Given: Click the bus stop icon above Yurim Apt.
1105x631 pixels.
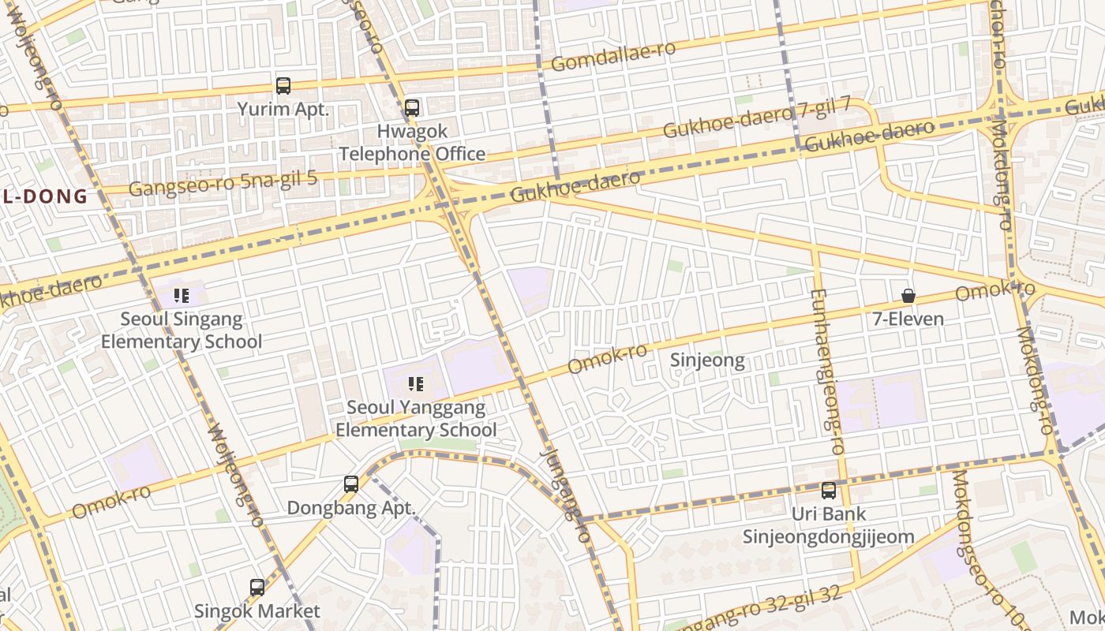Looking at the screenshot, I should pos(283,85).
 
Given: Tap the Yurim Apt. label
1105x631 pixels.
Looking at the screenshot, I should pos(283,109).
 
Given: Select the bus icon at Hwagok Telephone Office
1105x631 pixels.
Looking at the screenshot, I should pos(411,107).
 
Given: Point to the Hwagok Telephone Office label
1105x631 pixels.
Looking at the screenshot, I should pos(412,143).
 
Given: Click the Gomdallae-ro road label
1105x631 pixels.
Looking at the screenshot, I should pos(613,56).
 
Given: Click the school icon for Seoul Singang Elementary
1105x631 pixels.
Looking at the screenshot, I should pos(182,296).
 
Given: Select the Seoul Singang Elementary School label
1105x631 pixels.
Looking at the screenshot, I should pos(182,330).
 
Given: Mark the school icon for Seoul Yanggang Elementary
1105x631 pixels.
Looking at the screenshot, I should pos(416,384).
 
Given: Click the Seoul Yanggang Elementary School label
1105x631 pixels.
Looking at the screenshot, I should pos(416,419).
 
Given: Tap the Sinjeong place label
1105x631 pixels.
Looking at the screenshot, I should pos(707,360).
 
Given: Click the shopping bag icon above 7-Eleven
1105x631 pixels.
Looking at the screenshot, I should pos(908,296).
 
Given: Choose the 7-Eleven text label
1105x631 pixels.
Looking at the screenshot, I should pos(908,319).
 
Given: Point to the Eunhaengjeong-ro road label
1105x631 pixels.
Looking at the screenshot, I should pos(826,372).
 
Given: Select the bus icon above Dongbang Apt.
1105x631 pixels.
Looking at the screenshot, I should pos(351,484).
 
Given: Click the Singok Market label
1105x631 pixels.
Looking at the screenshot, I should pos(257,611).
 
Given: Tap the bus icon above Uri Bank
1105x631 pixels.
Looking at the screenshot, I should pos(828,490).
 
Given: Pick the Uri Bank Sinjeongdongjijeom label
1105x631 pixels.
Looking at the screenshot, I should pos(828,525).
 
